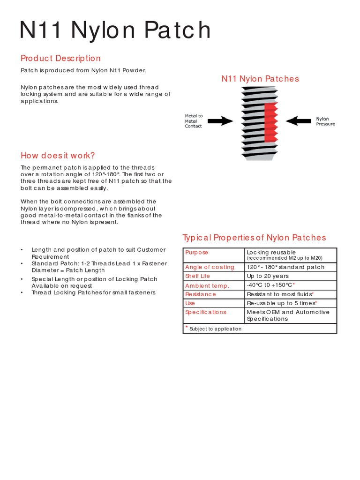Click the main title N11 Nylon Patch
[115, 30]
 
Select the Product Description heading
[60, 58]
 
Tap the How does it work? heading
[58, 155]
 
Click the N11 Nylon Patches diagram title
[260, 79]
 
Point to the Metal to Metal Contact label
[194, 121]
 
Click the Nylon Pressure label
[325, 121]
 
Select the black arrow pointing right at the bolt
[220, 121]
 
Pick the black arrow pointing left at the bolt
[298, 121]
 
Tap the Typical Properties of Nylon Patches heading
[254, 238]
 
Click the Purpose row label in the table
[197, 253]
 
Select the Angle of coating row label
[210, 267]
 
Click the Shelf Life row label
[197, 276]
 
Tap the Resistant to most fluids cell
[279, 294]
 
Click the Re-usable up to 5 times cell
[281, 303]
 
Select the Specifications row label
[206, 312]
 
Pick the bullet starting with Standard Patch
[98, 267]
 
